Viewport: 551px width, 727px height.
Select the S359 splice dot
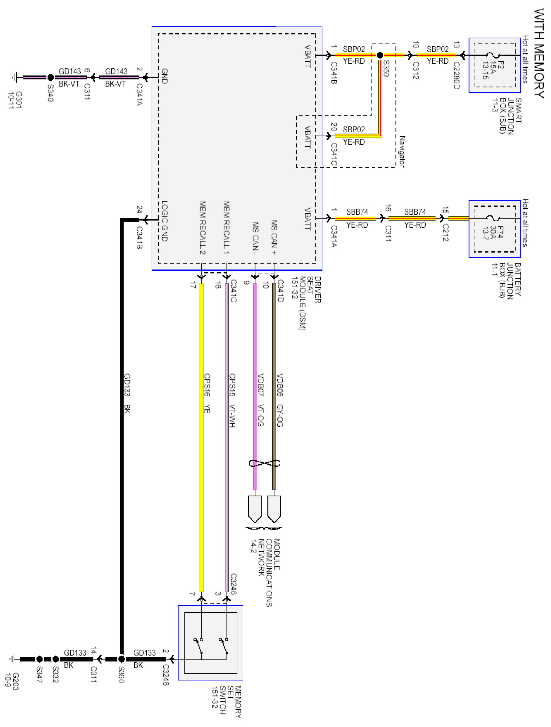[x=380, y=55]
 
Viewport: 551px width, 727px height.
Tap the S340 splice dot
[x=51, y=78]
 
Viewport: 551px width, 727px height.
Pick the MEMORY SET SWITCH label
[x=226, y=702]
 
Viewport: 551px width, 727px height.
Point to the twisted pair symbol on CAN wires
[x=264, y=464]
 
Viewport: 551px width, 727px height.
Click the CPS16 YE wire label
[x=207, y=393]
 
